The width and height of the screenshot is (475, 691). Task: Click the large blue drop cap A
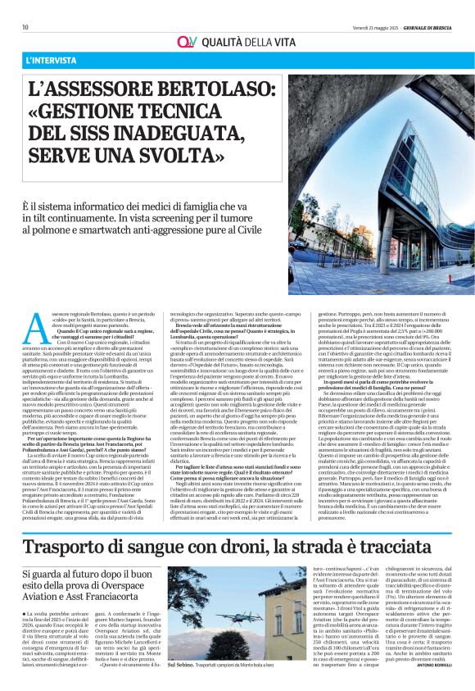pos(36,329)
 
